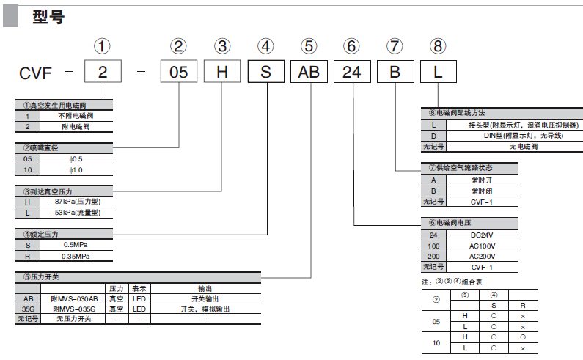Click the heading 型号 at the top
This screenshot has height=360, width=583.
coord(48,17)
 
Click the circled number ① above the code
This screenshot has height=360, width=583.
coord(103,47)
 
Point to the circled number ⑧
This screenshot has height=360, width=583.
coord(438,47)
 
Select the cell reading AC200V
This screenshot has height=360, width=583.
coord(482,257)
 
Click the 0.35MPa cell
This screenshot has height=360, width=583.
coord(76,256)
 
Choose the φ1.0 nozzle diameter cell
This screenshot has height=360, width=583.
coord(76,170)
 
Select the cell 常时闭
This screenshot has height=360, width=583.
coord(480,190)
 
